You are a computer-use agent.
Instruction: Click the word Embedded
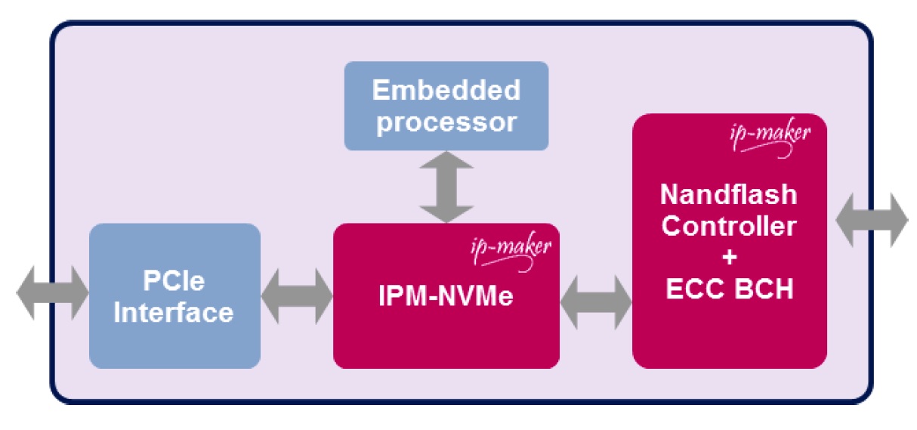[x=446, y=91]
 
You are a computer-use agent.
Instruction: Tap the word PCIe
[x=174, y=282]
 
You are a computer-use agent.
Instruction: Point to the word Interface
[x=174, y=312]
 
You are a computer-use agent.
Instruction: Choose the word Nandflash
[x=729, y=194]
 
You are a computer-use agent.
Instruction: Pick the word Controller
[x=729, y=226]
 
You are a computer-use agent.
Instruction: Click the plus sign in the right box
[x=729, y=258]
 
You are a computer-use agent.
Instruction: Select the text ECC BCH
[x=729, y=289]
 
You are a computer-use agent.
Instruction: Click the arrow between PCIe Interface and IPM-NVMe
[x=297, y=295]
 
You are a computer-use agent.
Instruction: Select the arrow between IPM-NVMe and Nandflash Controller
[x=596, y=300]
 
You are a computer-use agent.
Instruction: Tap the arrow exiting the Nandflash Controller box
[x=870, y=220]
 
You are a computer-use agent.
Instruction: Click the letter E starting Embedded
[x=380, y=91]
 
